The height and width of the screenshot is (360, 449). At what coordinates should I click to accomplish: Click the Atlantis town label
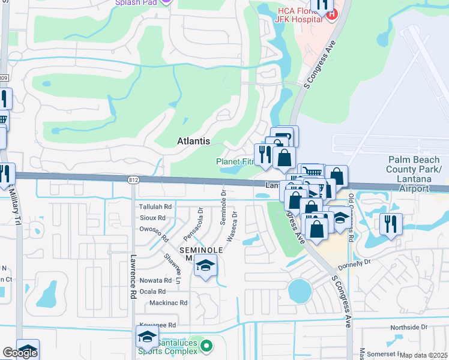(x=194, y=141)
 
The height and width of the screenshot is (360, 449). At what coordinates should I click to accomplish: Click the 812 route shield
(x=134, y=179)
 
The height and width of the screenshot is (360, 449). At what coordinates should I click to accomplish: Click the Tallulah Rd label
(x=155, y=206)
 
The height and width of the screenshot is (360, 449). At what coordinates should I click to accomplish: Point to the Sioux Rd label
(x=152, y=217)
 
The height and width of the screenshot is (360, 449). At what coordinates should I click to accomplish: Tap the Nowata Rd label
(x=155, y=280)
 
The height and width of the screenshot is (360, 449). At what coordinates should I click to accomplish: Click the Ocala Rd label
(x=152, y=291)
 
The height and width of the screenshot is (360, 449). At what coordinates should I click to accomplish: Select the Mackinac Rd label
(x=169, y=303)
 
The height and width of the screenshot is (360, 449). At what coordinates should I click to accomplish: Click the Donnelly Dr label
(x=355, y=262)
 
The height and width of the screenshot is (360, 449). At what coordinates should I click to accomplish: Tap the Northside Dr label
(x=408, y=328)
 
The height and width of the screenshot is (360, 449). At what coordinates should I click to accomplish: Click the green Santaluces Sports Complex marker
(x=206, y=346)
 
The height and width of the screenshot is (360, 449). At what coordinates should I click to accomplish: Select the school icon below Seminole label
(x=205, y=266)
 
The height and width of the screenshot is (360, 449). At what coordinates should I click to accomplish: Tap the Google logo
(x=19, y=353)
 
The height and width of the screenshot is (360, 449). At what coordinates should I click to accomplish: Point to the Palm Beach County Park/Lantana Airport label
(x=414, y=173)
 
